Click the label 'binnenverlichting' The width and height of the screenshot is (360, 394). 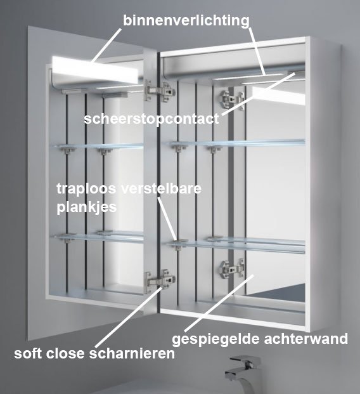click(x=186, y=20)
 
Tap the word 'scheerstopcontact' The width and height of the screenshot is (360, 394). click(x=151, y=119)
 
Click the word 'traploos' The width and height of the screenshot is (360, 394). click(x=86, y=189)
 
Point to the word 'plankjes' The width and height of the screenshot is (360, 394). click(x=87, y=207)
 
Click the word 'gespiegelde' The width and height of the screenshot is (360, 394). click(x=215, y=339)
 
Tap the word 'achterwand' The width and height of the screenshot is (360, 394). click(x=306, y=338)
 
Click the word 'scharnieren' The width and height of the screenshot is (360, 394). click(x=132, y=353)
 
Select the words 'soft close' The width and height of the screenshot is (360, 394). click(x=49, y=353)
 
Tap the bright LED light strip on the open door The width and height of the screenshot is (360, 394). click(x=95, y=70)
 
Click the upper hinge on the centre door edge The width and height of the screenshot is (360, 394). click(x=159, y=91)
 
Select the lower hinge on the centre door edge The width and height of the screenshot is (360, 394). click(x=160, y=280)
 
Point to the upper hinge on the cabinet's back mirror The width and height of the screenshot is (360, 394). click(x=232, y=99)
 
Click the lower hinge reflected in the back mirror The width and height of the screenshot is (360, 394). click(x=232, y=269)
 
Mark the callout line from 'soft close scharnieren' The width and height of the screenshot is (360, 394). click(x=129, y=317)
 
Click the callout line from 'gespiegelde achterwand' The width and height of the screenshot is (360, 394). click(x=219, y=303)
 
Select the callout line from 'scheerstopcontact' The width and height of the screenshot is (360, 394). click(x=257, y=94)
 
